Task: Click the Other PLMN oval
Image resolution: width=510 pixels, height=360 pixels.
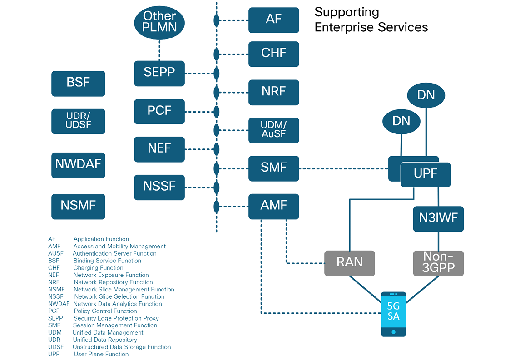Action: pos(159,21)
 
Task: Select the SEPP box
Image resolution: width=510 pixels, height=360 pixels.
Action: pos(159,73)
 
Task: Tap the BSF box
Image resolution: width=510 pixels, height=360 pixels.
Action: pos(78,83)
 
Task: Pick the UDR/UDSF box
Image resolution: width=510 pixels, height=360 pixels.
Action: pos(78,121)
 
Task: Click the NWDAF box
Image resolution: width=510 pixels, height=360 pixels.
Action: pos(78,165)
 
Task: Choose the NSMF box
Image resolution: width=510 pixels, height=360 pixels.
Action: pos(78,207)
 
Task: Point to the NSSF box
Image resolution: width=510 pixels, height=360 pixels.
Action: pos(159,187)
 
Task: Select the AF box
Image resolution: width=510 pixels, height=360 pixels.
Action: pos(274,20)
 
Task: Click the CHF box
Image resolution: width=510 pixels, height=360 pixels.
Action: pos(274,54)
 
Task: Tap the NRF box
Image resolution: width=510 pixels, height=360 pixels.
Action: pos(274,92)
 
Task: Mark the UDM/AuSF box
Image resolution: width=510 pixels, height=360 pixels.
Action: pos(274,130)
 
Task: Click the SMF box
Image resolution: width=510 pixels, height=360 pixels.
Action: pos(274,168)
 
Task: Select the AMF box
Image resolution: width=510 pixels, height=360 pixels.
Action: pos(274,207)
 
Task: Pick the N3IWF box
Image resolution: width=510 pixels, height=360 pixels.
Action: pos(438,219)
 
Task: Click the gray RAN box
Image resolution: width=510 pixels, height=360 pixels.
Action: pos(350,263)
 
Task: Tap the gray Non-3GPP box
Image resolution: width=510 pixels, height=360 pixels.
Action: pos(438,263)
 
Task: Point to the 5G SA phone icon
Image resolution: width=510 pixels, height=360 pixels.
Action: pos(393,314)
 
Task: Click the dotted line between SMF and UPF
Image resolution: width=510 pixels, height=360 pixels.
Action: pos(343,169)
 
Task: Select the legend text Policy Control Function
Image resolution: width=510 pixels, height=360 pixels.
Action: pos(105,311)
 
